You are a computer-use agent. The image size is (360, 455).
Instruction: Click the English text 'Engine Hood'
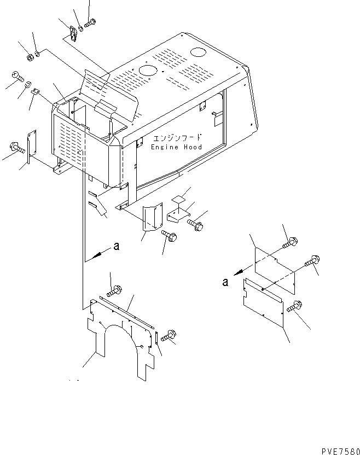[176, 147]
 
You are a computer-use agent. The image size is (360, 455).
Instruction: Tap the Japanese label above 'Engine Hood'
[177, 138]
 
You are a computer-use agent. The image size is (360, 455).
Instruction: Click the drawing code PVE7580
[340, 451]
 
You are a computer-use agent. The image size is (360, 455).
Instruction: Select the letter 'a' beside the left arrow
[117, 246]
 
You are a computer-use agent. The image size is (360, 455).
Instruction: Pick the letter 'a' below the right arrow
[225, 282]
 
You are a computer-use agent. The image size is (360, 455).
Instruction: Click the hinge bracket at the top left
[73, 34]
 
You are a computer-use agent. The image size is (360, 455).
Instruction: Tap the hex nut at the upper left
[30, 57]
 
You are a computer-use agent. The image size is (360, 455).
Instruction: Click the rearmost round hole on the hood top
[206, 52]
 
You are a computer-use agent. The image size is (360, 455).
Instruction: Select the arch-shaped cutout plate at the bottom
[121, 340]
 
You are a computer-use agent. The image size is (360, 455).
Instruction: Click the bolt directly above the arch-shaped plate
[114, 291]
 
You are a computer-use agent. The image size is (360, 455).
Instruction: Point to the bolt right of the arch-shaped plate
[169, 335]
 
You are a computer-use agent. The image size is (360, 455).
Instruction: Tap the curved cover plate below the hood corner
[153, 217]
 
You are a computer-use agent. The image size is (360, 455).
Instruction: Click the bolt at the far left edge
[17, 148]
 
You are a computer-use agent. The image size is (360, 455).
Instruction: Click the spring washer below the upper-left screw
[28, 84]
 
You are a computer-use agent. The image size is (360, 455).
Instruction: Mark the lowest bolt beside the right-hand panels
[294, 306]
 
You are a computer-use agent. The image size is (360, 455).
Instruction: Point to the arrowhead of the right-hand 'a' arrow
[239, 272]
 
